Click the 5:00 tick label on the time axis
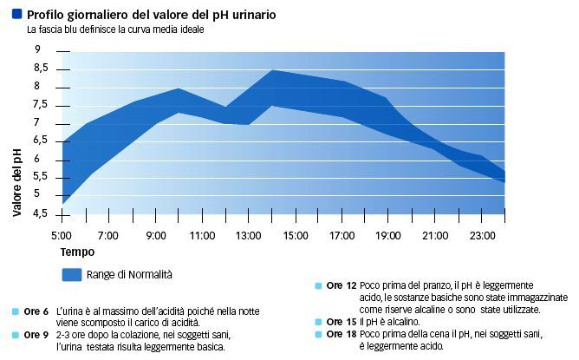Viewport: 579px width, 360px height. point(61,236)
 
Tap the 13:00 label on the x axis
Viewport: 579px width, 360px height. point(249,236)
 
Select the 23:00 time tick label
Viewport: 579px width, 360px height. point(483,236)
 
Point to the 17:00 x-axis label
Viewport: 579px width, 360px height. point(342,236)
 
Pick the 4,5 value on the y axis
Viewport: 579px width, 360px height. point(41,213)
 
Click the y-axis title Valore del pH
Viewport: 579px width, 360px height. point(17,181)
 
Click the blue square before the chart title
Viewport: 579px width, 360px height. point(16,15)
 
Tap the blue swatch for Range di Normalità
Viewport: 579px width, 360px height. point(71,274)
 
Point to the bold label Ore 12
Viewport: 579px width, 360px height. point(341,285)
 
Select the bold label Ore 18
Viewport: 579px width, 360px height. point(341,333)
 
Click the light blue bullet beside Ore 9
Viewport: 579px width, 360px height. point(16,334)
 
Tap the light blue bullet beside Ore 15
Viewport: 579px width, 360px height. point(320,321)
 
